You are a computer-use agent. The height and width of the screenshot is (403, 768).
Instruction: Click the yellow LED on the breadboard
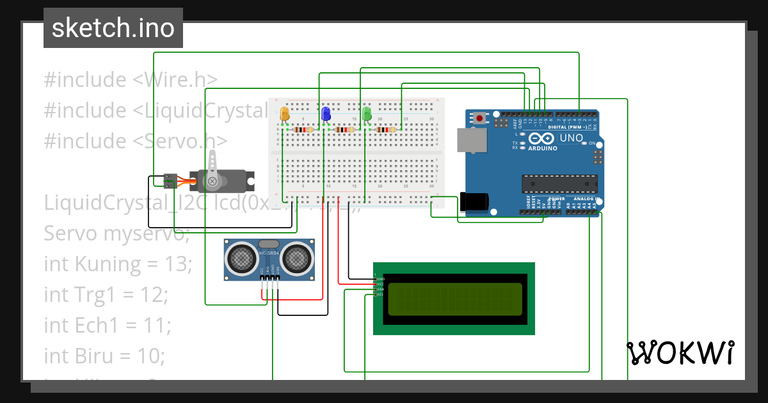coord(285,115)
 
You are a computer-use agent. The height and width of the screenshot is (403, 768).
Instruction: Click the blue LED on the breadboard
coord(326,115)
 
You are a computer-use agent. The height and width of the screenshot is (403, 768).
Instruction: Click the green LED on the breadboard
coord(367,115)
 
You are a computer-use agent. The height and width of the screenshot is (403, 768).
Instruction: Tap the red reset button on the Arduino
coord(479,118)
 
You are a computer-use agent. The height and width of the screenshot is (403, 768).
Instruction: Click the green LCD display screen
coord(454,299)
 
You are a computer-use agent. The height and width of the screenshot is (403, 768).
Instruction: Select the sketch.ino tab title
coord(113,28)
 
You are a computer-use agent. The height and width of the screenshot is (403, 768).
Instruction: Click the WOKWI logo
coord(680,352)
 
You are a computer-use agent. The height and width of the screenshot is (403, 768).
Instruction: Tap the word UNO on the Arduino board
coord(572,138)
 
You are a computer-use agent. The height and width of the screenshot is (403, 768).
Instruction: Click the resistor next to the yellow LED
coord(303,130)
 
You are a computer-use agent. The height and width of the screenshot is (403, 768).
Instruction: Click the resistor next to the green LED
coord(385,130)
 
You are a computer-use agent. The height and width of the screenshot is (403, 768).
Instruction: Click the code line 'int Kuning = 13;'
coord(118,264)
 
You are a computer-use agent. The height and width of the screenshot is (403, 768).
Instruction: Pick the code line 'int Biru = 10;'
coord(104,356)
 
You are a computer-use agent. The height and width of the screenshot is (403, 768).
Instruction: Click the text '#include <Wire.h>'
coord(131,80)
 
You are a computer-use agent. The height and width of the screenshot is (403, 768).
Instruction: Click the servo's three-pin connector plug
coord(170,181)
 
